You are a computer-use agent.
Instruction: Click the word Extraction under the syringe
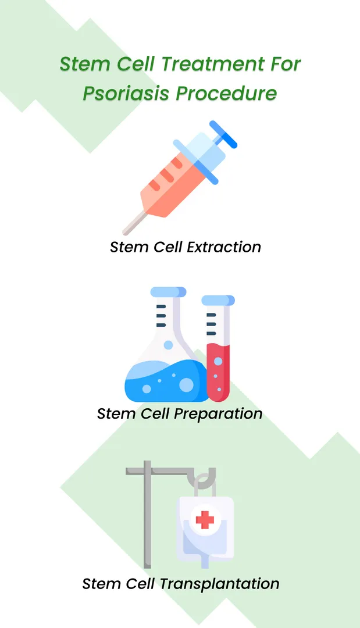tap(224, 247)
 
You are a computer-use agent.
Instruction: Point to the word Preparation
tap(223, 414)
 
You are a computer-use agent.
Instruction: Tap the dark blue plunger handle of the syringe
tap(223, 134)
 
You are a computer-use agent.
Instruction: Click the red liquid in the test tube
tap(218, 372)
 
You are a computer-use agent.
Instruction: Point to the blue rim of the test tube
tap(218, 300)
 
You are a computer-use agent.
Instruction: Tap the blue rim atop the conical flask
tap(168, 291)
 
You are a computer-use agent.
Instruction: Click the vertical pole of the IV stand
tap(147, 518)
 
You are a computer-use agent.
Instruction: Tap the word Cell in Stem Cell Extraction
tap(163, 247)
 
